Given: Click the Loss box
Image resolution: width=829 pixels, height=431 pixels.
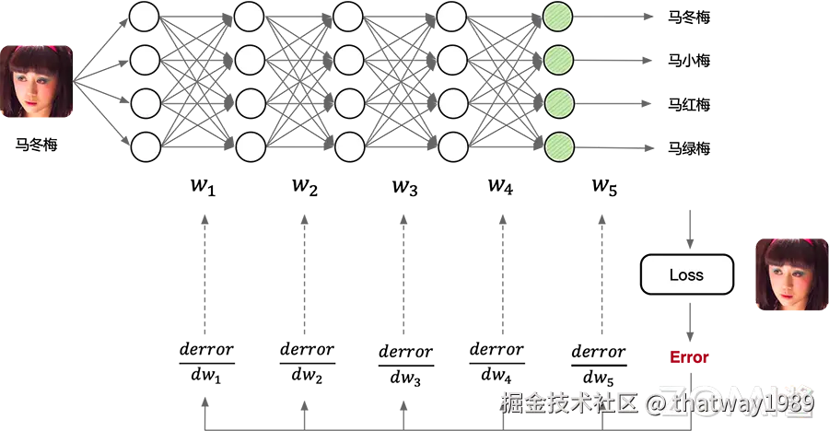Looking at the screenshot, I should pyautogui.click(x=687, y=274).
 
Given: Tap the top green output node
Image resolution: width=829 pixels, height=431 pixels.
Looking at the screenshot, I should pyautogui.click(x=559, y=16).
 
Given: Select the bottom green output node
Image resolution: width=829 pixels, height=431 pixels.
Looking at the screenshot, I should pyautogui.click(x=559, y=146).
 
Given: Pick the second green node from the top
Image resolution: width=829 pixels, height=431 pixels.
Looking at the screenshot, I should pyautogui.click(x=559, y=60).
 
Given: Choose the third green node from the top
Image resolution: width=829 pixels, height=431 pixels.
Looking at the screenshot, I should pyautogui.click(x=559, y=102).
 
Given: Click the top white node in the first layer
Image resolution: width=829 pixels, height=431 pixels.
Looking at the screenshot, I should pyautogui.click(x=146, y=16).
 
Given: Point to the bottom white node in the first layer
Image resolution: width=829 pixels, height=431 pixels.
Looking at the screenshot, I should pyautogui.click(x=146, y=146).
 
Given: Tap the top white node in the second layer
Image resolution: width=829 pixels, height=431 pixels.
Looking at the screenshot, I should pyautogui.click(x=250, y=16).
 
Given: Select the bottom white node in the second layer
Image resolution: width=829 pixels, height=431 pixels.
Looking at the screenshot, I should pyautogui.click(x=250, y=146).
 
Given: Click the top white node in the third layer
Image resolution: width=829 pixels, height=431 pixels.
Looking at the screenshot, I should pyautogui.click(x=348, y=16).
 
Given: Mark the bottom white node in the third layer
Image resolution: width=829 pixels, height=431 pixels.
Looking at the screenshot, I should pyautogui.click(x=348, y=146).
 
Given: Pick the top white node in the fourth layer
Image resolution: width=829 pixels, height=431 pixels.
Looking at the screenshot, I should pyautogui.click(x=452, y=16).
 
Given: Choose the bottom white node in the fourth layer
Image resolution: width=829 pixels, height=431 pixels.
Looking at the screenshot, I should pyautogui.click(x=452, y=146).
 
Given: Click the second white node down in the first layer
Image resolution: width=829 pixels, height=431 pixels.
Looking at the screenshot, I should pyautogui.click(x=146, y=60).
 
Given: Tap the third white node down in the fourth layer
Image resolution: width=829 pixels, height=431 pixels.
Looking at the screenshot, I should pyautogui.click(x=452, y=102).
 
